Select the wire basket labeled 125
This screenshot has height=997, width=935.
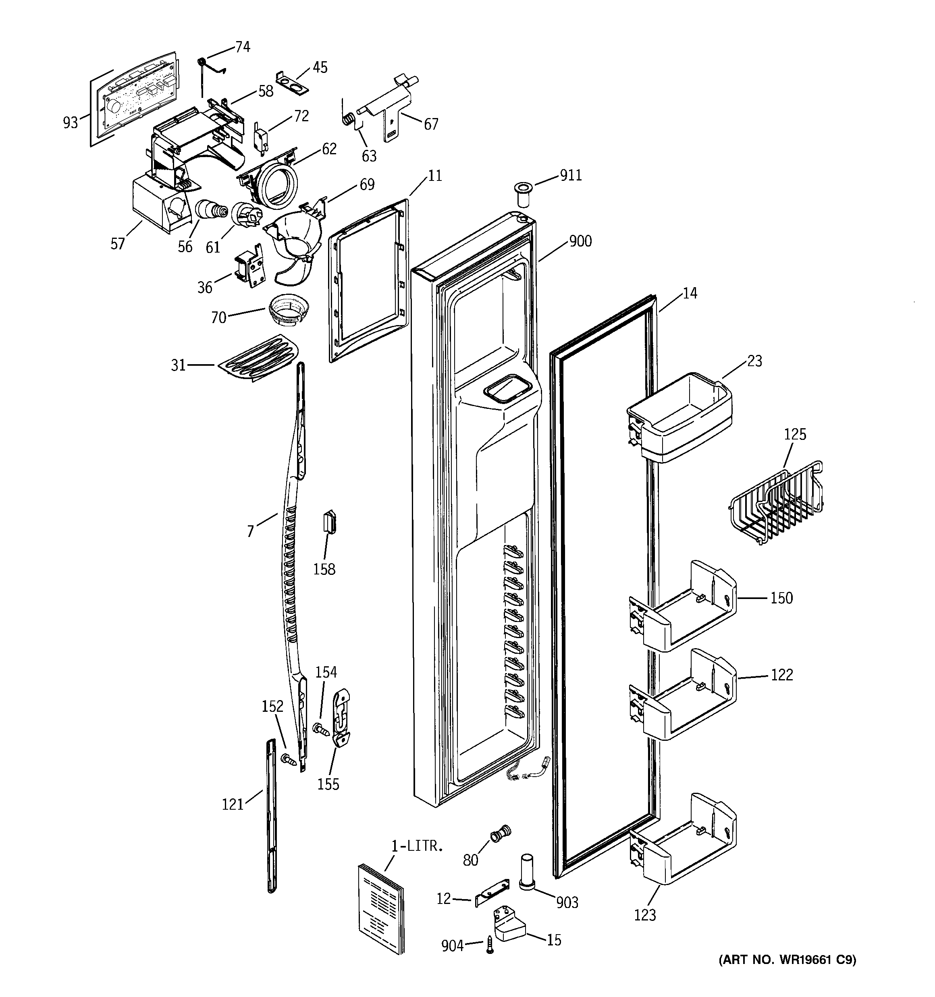click(775, 503)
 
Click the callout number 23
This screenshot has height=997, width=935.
click(754, 361)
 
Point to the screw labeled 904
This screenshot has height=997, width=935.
click(490, 945)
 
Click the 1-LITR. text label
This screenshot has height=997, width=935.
click(417, 847)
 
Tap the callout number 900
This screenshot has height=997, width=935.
click(580, 241)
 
